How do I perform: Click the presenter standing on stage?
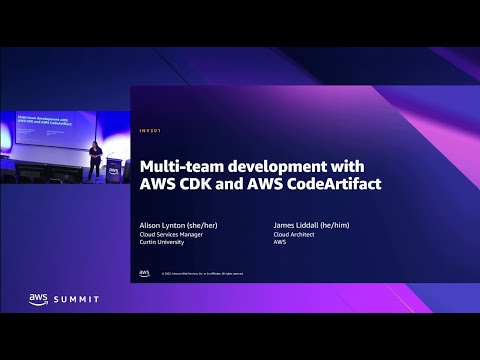(94, 160)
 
